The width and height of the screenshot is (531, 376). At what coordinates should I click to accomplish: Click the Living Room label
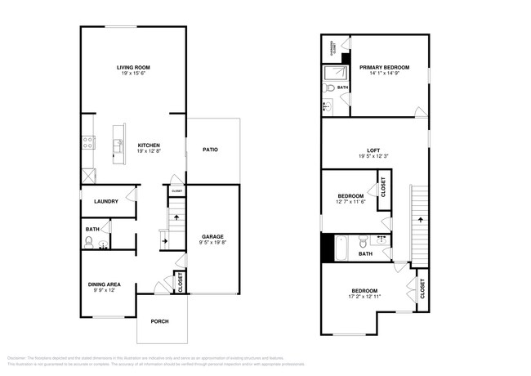click(x=132, y=68)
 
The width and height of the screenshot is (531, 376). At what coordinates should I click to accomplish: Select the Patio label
click(x=210, y=150)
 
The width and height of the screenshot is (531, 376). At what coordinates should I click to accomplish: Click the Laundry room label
click(x=106, y=202)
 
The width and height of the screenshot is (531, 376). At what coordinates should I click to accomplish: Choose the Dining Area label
click(x=104, y=284)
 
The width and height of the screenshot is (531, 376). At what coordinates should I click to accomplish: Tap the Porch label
click(x=160, y=321)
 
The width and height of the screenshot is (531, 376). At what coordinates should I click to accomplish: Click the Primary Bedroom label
click(x=384, y=67)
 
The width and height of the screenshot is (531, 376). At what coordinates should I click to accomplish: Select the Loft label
click(x=373, y=150)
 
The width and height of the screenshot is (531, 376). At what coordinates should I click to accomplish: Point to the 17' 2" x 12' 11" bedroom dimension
click(x=364, y=298)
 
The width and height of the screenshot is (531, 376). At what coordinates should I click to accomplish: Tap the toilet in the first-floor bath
click(x=89, y=242)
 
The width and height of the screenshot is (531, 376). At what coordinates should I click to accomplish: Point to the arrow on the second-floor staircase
click(x=421, y=219)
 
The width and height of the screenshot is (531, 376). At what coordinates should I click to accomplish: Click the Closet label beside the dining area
click(x=181, y=281)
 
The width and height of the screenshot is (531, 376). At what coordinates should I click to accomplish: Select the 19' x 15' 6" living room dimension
click(x=132, y=75)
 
